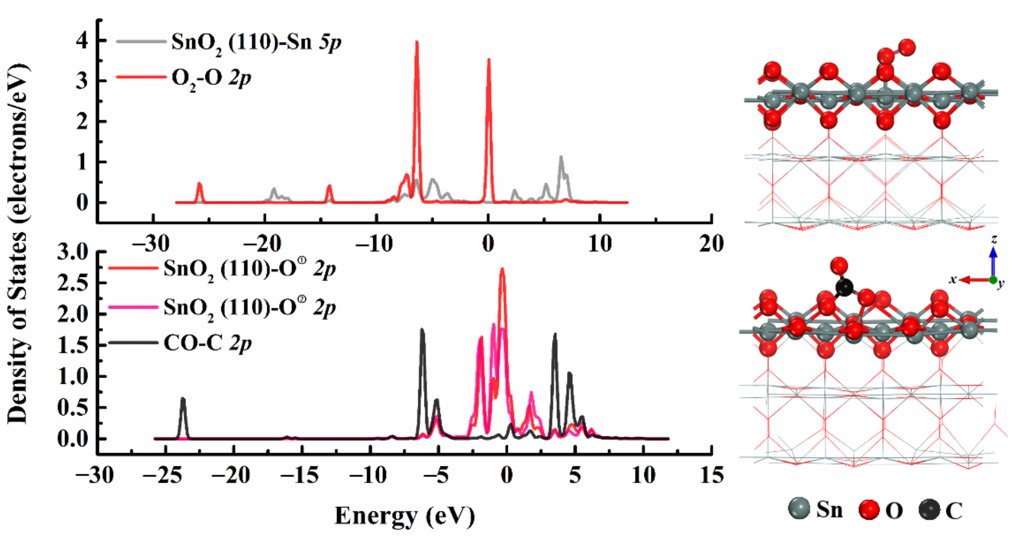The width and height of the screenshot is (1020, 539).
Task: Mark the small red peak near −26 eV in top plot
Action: point(200,185)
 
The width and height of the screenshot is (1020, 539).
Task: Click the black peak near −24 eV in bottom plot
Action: point(183,400)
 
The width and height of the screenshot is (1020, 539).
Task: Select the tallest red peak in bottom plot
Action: point(502,270)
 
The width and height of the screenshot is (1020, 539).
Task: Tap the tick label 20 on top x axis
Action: point(711,244)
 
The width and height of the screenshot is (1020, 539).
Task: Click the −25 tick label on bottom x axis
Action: point(163,475)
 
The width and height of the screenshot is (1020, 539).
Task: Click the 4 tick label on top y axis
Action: point(82,41)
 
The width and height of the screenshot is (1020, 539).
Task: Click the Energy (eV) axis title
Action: point(405,516)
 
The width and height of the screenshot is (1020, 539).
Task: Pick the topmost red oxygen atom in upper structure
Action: point(907,47)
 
